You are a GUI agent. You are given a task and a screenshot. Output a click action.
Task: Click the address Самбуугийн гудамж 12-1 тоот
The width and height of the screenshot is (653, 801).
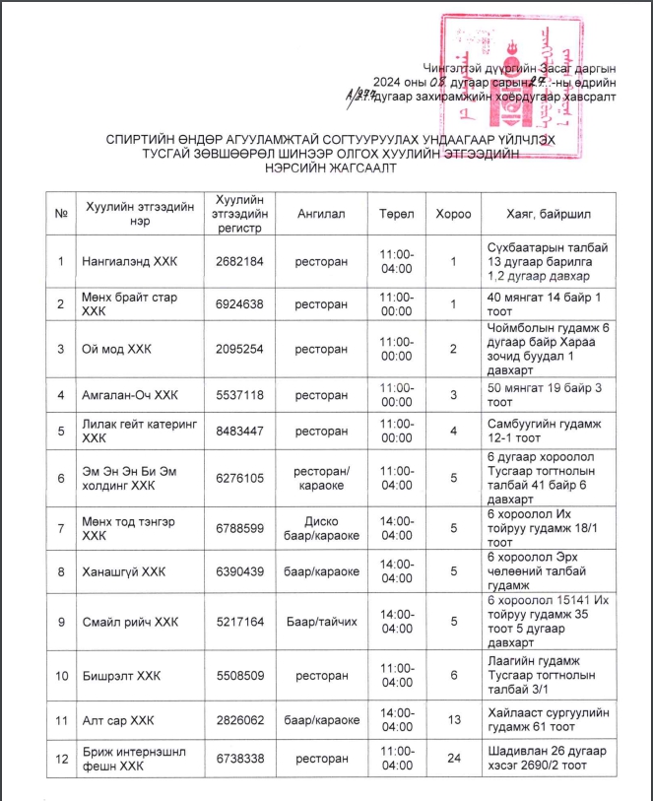(x=546, y=431)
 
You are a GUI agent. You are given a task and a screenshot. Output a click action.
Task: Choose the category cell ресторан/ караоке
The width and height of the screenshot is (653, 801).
(x=319, y=479)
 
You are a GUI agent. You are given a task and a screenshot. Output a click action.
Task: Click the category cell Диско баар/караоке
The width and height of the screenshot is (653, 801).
(x=319, y=528)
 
